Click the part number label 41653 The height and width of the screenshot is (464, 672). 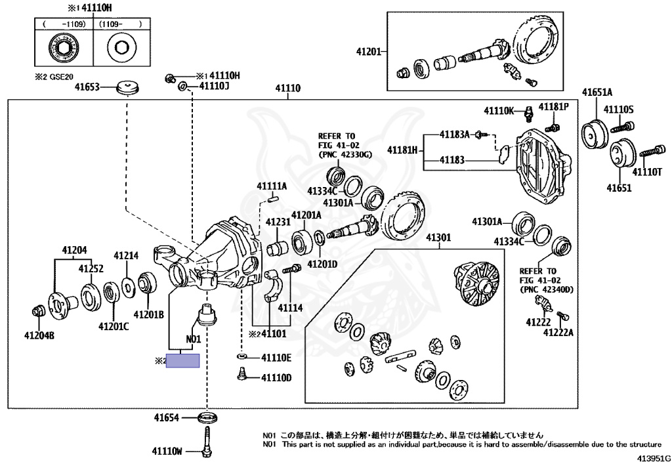point(87,87)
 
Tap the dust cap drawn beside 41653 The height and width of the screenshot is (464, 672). point(129,87)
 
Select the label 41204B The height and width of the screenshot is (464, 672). point(39,335)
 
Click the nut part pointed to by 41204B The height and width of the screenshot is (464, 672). point(38,310)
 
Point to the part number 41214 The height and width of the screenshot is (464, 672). point(126,256)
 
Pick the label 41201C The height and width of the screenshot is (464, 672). point(114,326)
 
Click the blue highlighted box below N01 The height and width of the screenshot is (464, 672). point(182,361)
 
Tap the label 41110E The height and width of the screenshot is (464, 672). point(276,358)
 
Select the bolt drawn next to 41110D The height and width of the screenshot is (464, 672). point(241,374)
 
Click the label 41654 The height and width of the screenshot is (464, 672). point(167,417)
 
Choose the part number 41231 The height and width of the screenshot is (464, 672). point(278,222)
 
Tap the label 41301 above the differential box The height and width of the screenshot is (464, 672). point(438,238)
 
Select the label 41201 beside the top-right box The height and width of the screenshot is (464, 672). point(369,51)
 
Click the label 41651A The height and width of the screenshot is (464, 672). point(597,92)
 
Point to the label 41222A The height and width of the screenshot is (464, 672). point(558,333)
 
